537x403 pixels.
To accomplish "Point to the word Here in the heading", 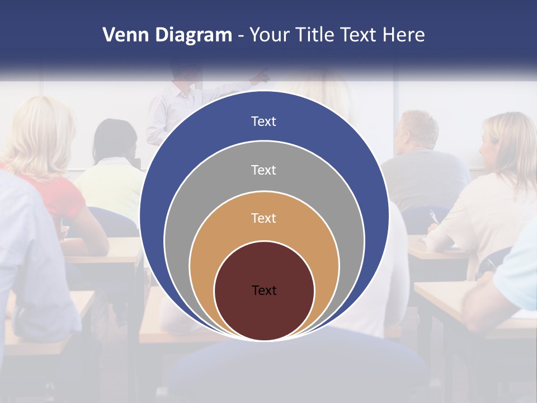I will tap(404, 35).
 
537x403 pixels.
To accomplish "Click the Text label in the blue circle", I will tap(263, 121).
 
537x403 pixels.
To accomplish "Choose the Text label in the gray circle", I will tap(263, 170).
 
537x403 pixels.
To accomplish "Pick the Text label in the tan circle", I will tap(263, 218).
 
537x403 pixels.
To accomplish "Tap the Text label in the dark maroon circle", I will tap(263, 290).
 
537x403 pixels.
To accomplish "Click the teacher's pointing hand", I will tap(262, 76).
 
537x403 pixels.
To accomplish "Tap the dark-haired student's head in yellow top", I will tap(115, 140).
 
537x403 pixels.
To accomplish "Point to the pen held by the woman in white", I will tap(433, 217).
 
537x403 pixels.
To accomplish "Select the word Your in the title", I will tap(268, 35).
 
